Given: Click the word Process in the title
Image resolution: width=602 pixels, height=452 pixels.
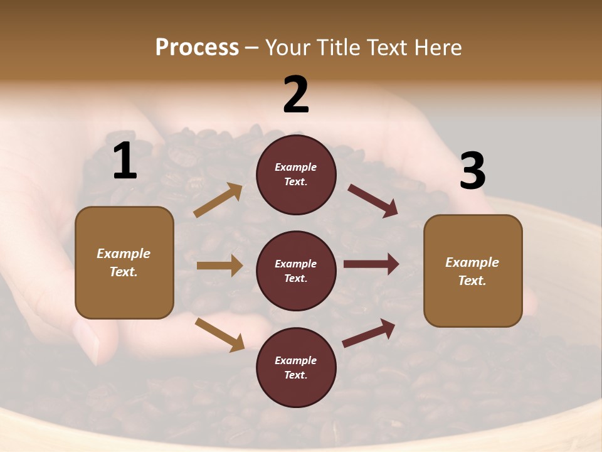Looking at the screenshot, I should (197, 47).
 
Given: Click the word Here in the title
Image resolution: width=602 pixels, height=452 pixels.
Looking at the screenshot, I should (438, 47).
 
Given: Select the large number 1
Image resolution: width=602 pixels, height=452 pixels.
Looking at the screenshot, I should (125, 161).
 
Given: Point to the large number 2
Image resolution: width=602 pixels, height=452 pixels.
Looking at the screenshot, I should (296, 95).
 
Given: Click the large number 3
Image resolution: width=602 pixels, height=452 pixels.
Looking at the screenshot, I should (472, 171).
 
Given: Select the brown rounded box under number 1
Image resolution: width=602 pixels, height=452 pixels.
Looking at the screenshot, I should (124, 262).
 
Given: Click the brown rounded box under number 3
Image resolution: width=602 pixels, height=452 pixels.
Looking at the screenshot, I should (473, 271).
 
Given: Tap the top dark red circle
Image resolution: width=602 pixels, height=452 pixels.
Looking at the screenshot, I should (296, 175).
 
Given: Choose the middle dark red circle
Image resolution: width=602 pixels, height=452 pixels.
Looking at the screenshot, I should (296, 271).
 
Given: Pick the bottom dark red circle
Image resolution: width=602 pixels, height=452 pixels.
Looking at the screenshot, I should (296, 367).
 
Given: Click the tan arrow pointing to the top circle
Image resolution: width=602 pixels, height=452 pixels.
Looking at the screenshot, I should (218, 200).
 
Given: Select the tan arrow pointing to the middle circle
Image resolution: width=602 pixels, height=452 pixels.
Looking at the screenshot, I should (219, 266).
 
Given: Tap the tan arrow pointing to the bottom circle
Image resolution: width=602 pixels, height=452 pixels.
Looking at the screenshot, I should (219, 334).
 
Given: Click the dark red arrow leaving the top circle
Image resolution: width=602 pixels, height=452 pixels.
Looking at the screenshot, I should (372, 200).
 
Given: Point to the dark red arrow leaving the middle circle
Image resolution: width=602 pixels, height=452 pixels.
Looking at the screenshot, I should (371, 264).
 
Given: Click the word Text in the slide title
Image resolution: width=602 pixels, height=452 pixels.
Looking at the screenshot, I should (387, 47).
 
